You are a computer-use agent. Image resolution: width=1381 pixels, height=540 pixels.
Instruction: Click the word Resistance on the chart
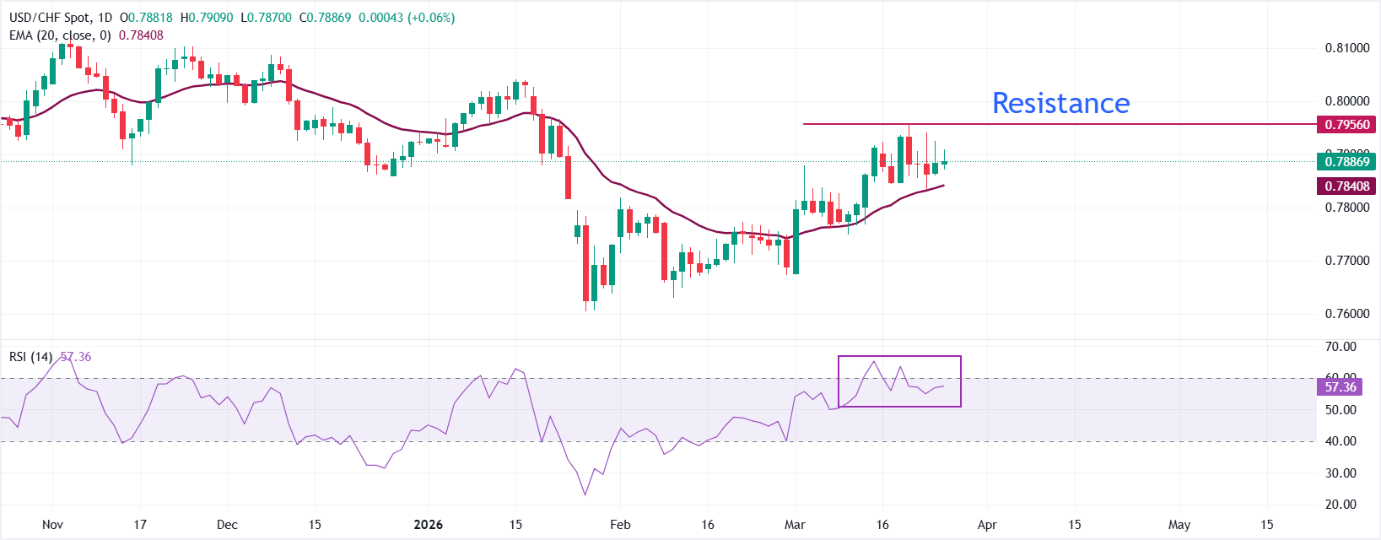[1060, 103]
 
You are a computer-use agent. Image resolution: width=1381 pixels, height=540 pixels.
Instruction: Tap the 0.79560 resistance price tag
[1346, 125]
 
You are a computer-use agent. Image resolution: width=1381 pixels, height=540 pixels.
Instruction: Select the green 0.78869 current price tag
[1346, 161]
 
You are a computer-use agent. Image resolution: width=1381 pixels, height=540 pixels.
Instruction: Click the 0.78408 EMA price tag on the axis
[1346, 186]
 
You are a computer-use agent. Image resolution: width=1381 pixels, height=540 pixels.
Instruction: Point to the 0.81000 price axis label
[1346, 48]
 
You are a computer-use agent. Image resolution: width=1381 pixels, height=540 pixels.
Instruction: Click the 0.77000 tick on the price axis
[1346, 261]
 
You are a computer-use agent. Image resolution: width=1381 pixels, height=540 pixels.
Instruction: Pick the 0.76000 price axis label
[1346, 314]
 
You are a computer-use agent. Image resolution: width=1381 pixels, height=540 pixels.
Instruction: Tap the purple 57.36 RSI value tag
[1341, 387]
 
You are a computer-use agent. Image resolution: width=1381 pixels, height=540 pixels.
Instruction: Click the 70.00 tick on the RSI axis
[1341, 347]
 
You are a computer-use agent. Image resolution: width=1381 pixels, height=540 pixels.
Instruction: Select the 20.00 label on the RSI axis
[1341, 505]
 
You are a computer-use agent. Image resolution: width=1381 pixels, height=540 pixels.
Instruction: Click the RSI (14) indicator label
[31, 357]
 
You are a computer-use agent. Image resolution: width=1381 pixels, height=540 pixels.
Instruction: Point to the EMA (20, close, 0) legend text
[60, 35]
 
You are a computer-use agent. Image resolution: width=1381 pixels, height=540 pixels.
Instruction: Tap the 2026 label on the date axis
[429, 525]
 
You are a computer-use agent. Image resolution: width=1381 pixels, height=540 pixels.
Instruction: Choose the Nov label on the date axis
[52, 525]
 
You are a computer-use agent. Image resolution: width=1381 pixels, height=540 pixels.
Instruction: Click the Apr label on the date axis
[987, 525]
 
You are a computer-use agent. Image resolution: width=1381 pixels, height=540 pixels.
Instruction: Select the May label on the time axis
[1179, 525]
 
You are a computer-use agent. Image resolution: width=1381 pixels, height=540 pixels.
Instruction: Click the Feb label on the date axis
[620, 525]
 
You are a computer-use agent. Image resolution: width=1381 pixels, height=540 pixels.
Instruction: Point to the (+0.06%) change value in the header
[431, 18]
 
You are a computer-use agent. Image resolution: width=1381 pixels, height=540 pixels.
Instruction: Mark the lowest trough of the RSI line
[585, 494]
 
